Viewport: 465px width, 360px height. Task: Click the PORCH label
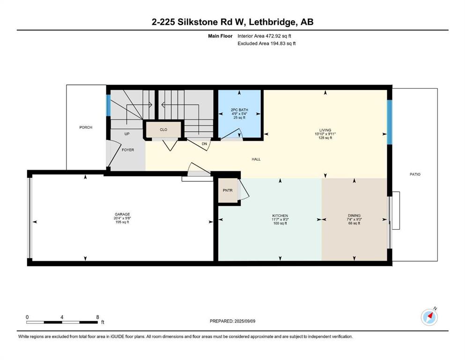(x=86, y=127)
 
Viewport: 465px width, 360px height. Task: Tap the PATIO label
(x=415, y=174)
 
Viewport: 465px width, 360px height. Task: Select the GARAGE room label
(x=122, y=214)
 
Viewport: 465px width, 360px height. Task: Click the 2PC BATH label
(x=239, y=110)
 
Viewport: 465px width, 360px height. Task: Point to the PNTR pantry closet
(x=228, y=190)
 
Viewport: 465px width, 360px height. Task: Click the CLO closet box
(x=163, y=130)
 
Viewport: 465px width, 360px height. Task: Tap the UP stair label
(x=127, y=134)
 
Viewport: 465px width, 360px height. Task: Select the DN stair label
(x=204, y=144)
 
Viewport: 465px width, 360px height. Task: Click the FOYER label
(x=128, y=150)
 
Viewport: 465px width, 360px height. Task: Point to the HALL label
(x=256, y=159)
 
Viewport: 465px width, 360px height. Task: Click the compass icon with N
(x=429, y=317)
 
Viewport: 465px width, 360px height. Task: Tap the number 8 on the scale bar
(x=97, y=317)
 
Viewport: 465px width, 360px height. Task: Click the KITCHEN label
(x=280, y=216)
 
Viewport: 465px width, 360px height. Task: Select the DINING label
(x=354, y=216)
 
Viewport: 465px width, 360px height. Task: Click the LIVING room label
(x=325, y=130)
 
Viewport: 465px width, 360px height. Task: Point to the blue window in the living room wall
(x=390, y=122)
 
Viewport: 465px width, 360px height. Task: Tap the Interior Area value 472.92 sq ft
(x=278, y=36)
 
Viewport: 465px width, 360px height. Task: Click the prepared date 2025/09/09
(x=245, y=321)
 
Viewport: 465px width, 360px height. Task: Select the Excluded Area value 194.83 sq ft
(x=283, y=43)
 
